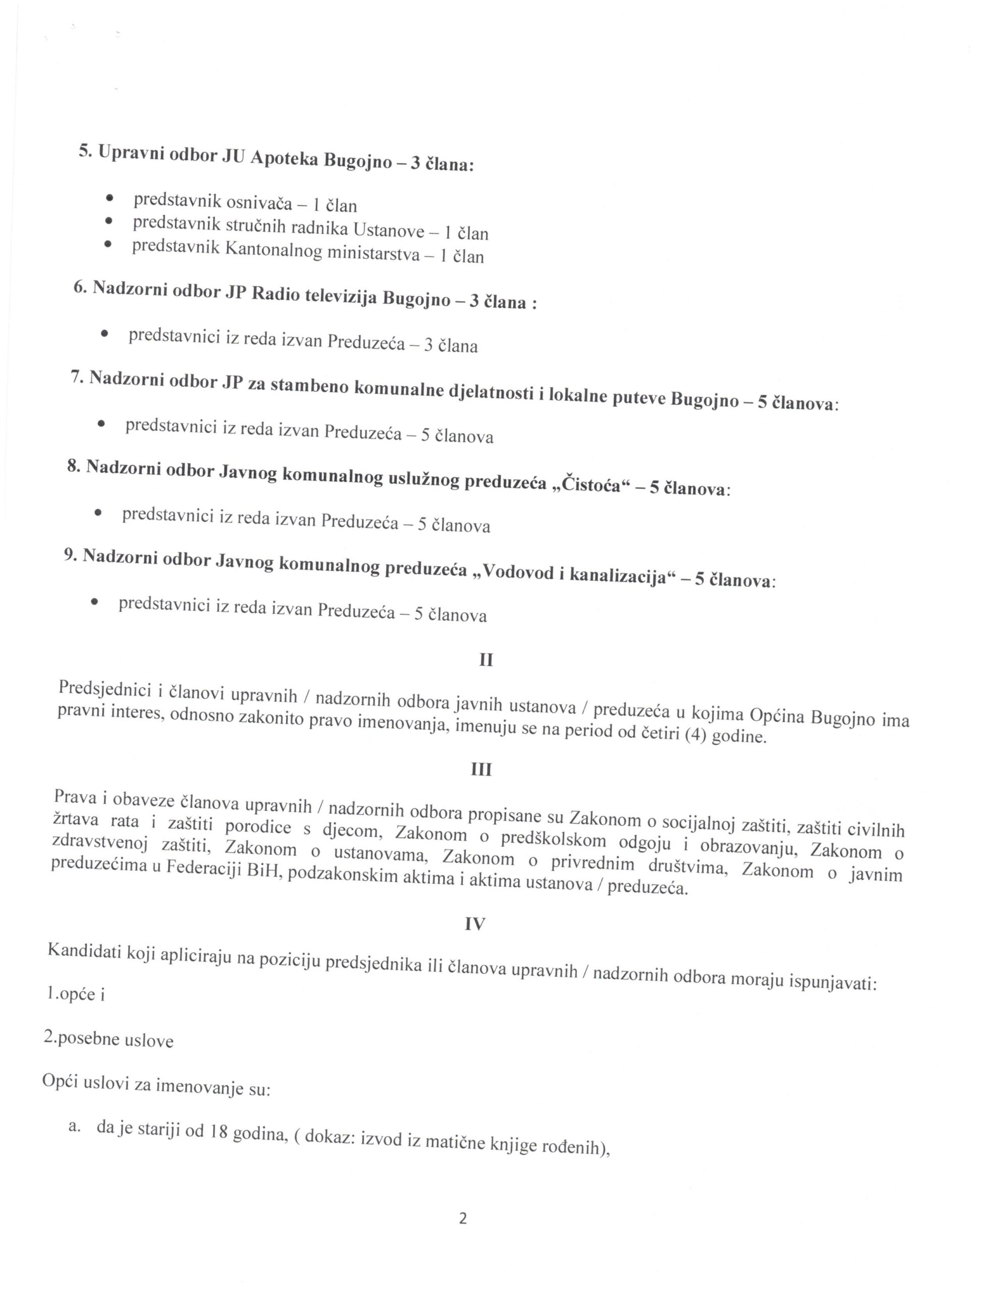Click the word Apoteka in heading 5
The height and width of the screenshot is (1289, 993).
point(285,158)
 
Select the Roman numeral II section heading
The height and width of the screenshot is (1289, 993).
point(486,660)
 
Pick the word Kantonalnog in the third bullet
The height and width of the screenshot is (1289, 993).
point(274,250)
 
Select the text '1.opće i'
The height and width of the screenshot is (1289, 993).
point(75,994)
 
